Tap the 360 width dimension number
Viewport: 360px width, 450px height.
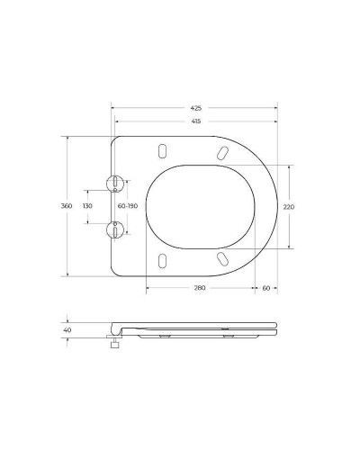pos(66,206)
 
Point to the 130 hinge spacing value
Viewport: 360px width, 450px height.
pos(87,206)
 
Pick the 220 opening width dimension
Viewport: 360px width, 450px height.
pos(289,206)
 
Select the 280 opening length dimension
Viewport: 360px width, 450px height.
pos(200,287)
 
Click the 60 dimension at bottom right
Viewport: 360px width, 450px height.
pos(266,287)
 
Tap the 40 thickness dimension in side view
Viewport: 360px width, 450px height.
pos(66,329)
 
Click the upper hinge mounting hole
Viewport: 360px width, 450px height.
pos(115,184)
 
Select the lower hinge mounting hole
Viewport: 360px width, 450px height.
pos(115,229)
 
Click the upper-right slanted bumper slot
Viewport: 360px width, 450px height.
pos(220,152)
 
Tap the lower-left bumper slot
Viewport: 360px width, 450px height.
pos(162,261)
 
